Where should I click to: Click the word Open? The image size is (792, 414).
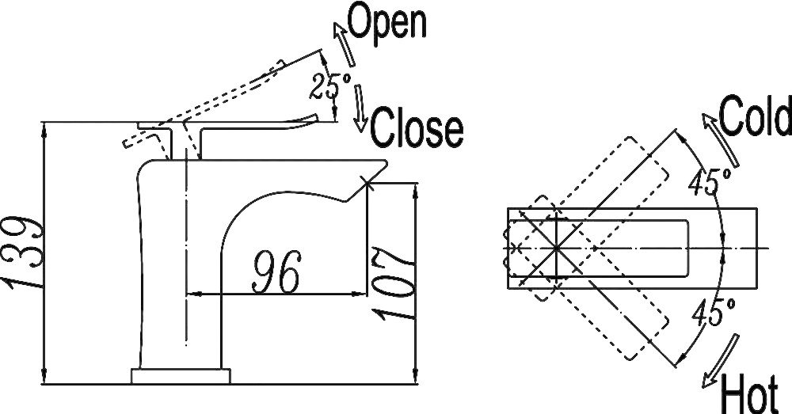tap(387, 24)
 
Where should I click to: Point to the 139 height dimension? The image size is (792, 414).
tap(22, 251)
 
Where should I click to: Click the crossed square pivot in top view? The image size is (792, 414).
tap(556, 248)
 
